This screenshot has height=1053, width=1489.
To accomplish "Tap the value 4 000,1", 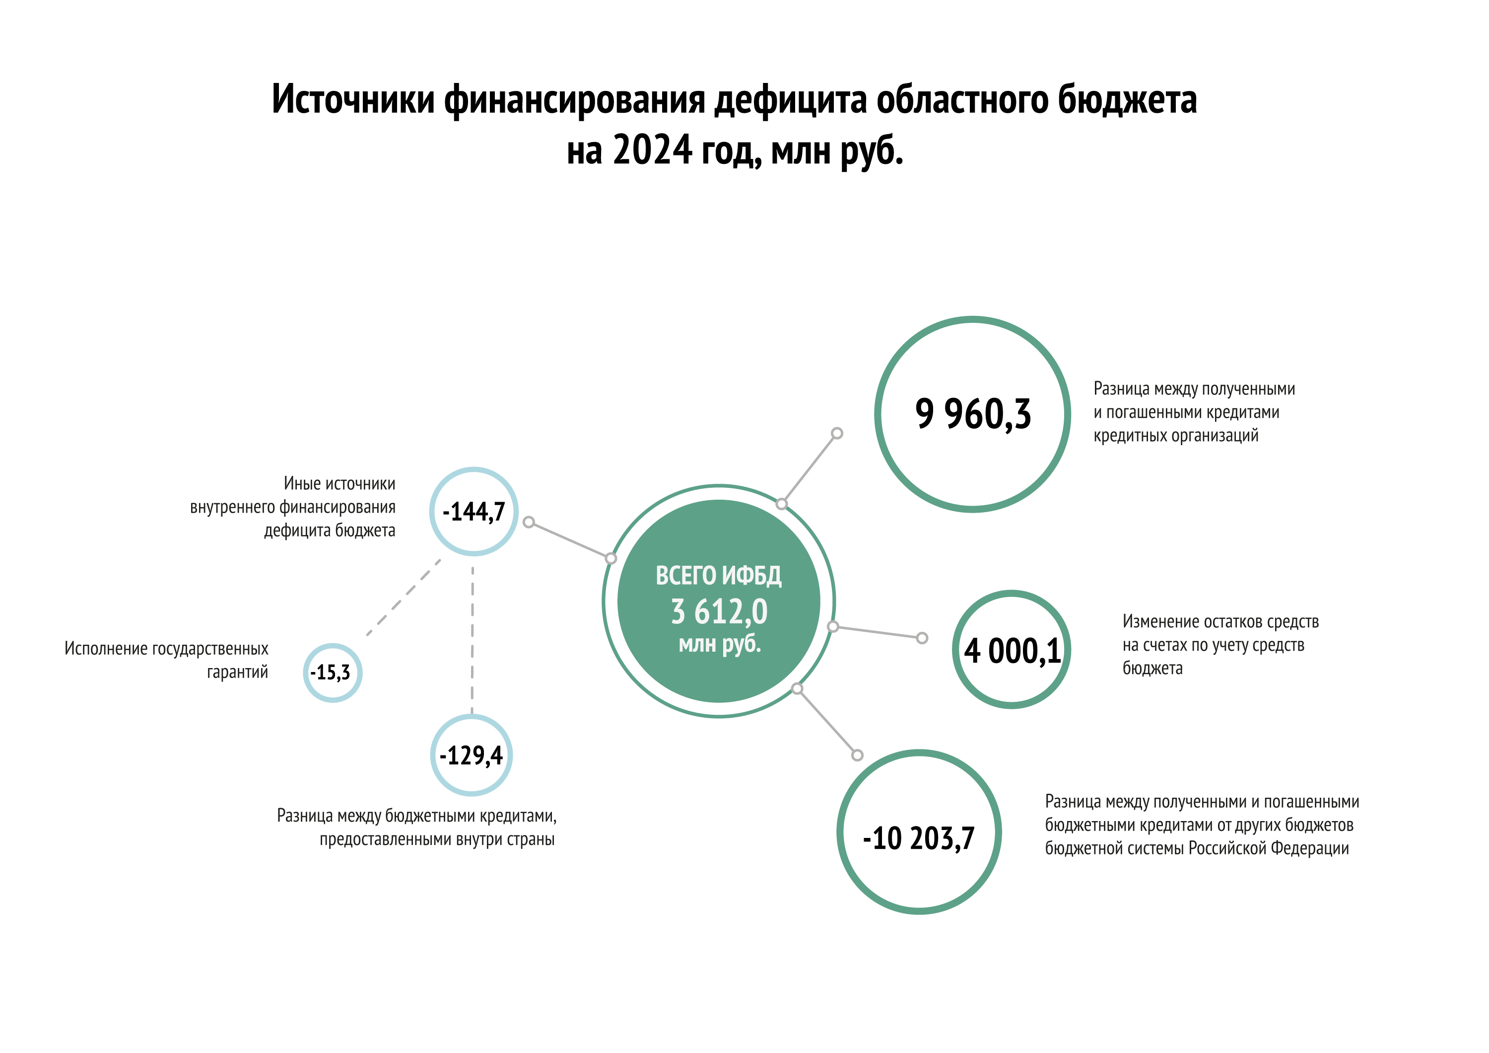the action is (x=1012, y=651).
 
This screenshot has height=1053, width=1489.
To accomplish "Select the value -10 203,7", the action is (x=918, y=838).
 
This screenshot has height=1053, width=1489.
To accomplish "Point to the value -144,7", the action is (x=474, y=512).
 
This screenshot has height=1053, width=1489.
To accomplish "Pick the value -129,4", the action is (x=472, y=755).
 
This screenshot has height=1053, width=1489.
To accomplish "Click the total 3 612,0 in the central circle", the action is (x=719, y=612).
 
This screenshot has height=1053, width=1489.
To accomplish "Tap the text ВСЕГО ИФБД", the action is (x=719, y=576).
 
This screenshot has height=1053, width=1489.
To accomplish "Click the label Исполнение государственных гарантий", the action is (x=166, y=661).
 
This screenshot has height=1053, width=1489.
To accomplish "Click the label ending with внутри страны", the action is (x=416, y=827).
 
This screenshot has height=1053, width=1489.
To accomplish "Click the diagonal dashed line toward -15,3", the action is (x=404, y=598).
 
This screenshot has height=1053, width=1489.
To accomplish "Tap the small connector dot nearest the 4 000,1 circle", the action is (x=922, y=638).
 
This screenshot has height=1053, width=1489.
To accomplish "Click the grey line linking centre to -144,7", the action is (x=569, y=540).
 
